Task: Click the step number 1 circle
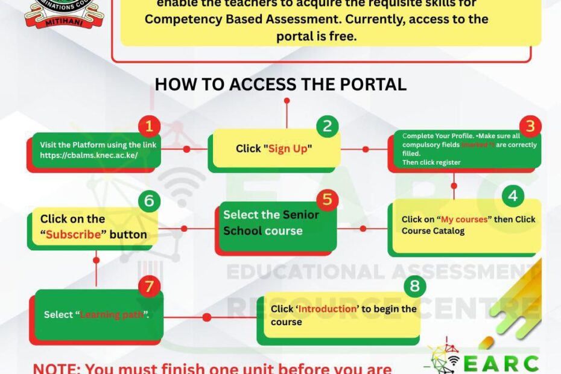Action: [x=149, y=127]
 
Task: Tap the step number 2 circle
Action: [x=328, y=126]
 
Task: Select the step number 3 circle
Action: [x=530, y=126]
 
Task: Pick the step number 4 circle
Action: [x=513, y=195]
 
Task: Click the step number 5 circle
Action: [x=327, y=200]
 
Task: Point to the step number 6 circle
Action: [x=148, y=200]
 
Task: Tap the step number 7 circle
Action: [x=149, y=286]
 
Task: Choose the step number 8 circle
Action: [x=414, y=285]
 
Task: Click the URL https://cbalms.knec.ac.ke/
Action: [x=89, y=155]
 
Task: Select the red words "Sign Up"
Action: [x=288, y=148]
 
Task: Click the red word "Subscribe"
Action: [x=74, y=234]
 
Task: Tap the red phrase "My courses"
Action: [x=464, y=220]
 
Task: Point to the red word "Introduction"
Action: [x=328, y=309]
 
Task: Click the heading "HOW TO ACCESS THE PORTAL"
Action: [x=280, y=84]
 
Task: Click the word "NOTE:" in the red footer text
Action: [x=57, y=368]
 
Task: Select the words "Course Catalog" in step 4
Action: [x=433, y=231]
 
